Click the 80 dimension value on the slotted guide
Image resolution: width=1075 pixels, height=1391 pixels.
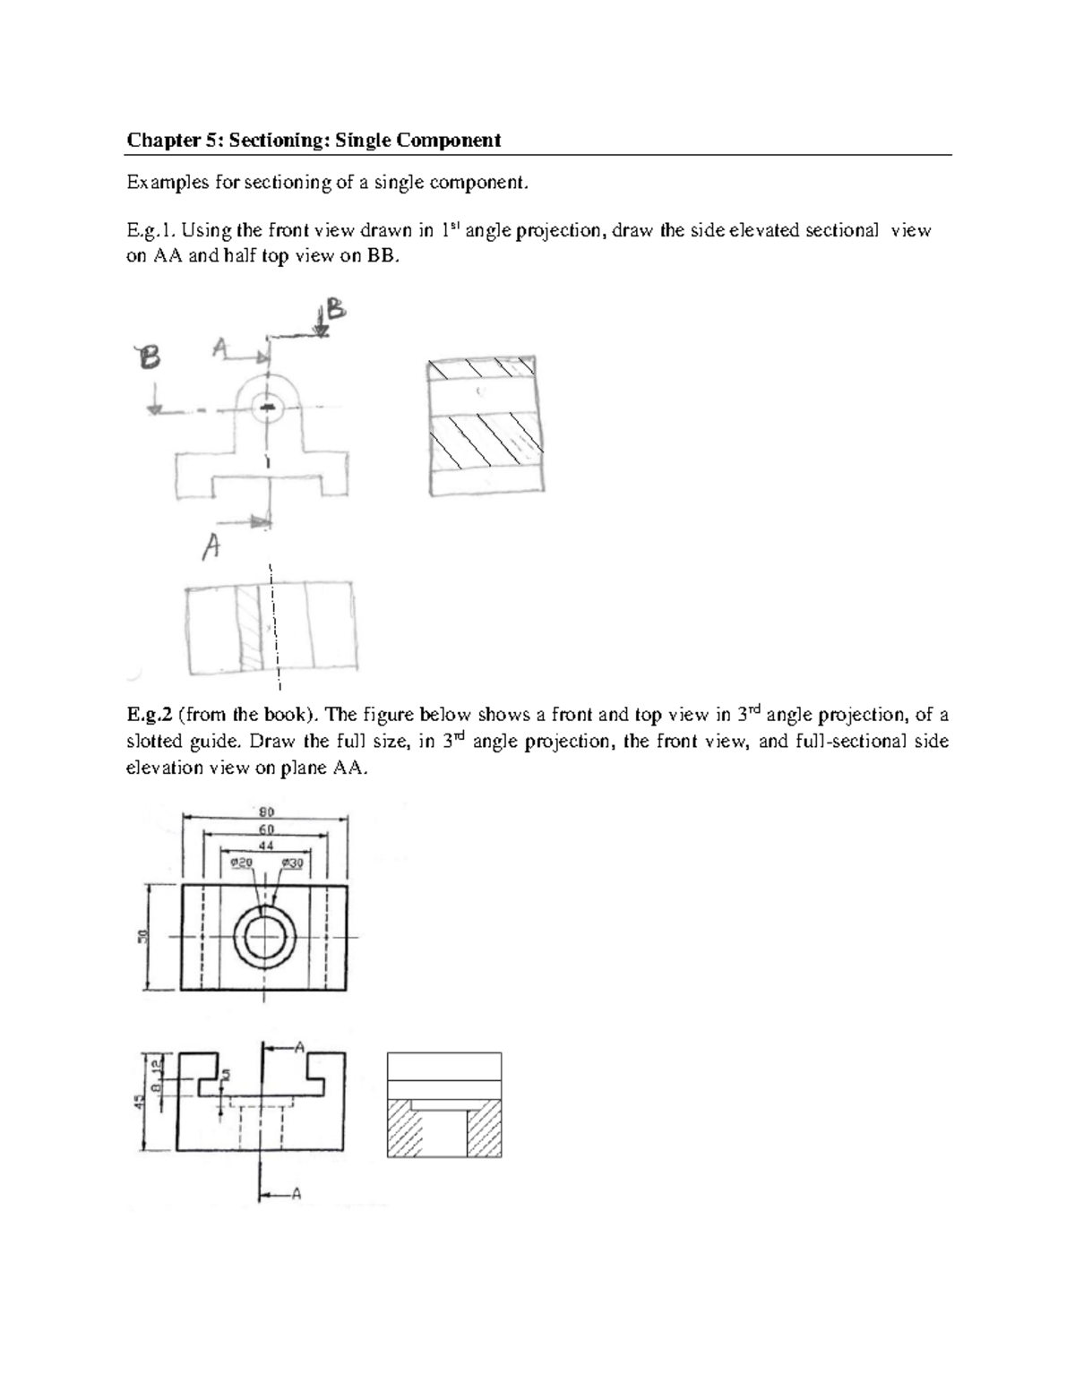266,812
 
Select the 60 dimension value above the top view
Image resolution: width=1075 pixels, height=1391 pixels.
266,829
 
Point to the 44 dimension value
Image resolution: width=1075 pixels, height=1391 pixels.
266,845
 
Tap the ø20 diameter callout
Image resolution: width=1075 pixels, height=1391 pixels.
242,862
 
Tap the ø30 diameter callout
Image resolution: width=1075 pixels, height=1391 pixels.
292,862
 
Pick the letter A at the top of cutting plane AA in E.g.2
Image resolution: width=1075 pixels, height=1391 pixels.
299,1045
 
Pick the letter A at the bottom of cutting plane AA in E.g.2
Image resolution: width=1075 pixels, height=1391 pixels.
297,1193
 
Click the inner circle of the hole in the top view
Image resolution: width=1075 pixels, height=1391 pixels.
264,937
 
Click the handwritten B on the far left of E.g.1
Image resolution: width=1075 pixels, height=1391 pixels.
148,359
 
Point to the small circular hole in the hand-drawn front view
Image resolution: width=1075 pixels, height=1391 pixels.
267,408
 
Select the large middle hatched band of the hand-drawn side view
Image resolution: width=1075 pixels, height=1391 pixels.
486,441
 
